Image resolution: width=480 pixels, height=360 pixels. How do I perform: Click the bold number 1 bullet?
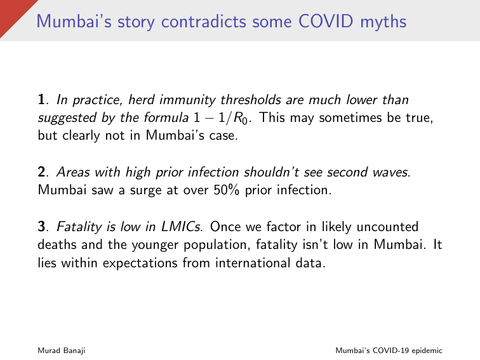pyautogui.click(x=43, y=100)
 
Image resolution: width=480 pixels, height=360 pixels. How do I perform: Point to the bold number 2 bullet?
pyautogui.click(x=43, y=173)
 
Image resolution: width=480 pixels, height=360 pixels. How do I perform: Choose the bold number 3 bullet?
pyautogui.click(x=43, y=227)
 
